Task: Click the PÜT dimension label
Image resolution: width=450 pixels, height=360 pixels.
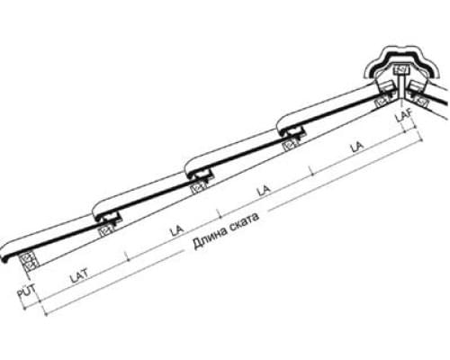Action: point(26,291)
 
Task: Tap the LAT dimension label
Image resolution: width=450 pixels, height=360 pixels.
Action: point(79,276)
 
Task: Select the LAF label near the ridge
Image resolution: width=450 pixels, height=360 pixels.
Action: point(404,115)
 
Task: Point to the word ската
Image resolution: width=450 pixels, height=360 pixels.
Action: point(245,220)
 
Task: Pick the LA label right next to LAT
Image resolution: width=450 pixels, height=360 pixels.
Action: point(176,230)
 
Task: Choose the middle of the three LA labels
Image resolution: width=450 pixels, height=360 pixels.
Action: point(264,190)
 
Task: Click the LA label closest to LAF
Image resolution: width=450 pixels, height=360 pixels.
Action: point(357,148)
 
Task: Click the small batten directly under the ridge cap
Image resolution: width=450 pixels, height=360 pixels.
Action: point(400,70)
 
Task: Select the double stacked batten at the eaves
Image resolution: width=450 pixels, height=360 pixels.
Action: point(30,262)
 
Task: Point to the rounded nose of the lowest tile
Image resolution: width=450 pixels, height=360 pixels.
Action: point(5,255)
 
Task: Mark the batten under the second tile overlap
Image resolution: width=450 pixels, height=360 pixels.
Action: point(200,188)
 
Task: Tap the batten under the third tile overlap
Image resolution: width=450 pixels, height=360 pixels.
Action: point(292,145)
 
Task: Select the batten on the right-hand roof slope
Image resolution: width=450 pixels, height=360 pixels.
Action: point(421,103)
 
